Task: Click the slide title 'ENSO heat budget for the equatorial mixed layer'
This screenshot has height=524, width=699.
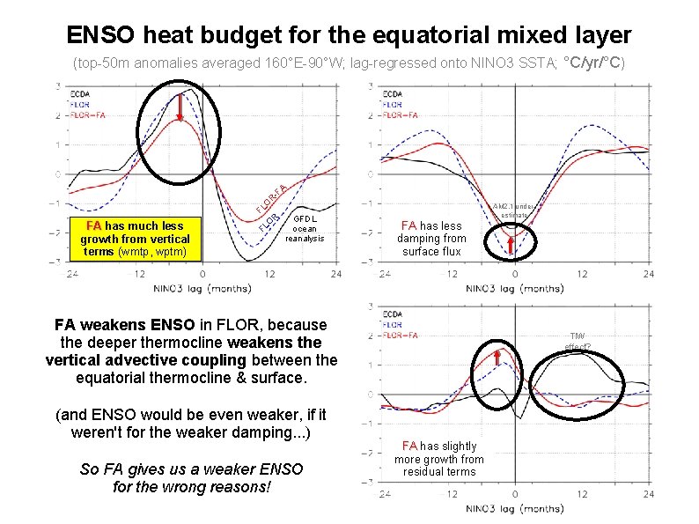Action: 349,35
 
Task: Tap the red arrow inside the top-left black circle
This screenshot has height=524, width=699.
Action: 180,106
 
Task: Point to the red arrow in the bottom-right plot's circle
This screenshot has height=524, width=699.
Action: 497,356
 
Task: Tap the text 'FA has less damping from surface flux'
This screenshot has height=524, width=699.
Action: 431,239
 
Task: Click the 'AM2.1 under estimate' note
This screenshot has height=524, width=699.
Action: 513,209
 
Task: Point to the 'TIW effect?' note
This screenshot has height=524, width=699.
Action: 578,341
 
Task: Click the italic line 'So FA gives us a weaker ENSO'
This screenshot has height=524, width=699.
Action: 191,469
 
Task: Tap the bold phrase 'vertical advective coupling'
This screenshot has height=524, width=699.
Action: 147,359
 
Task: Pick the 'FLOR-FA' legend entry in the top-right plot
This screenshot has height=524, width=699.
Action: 401,114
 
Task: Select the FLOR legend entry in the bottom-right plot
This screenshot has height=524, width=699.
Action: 392,325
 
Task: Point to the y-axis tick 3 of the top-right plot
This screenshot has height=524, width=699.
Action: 373,86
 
